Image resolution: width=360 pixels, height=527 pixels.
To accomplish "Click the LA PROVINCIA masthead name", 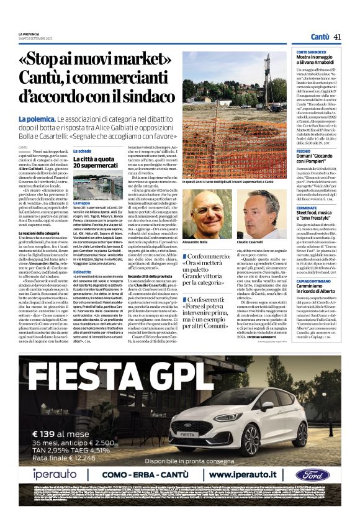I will [x=29, y=34].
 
